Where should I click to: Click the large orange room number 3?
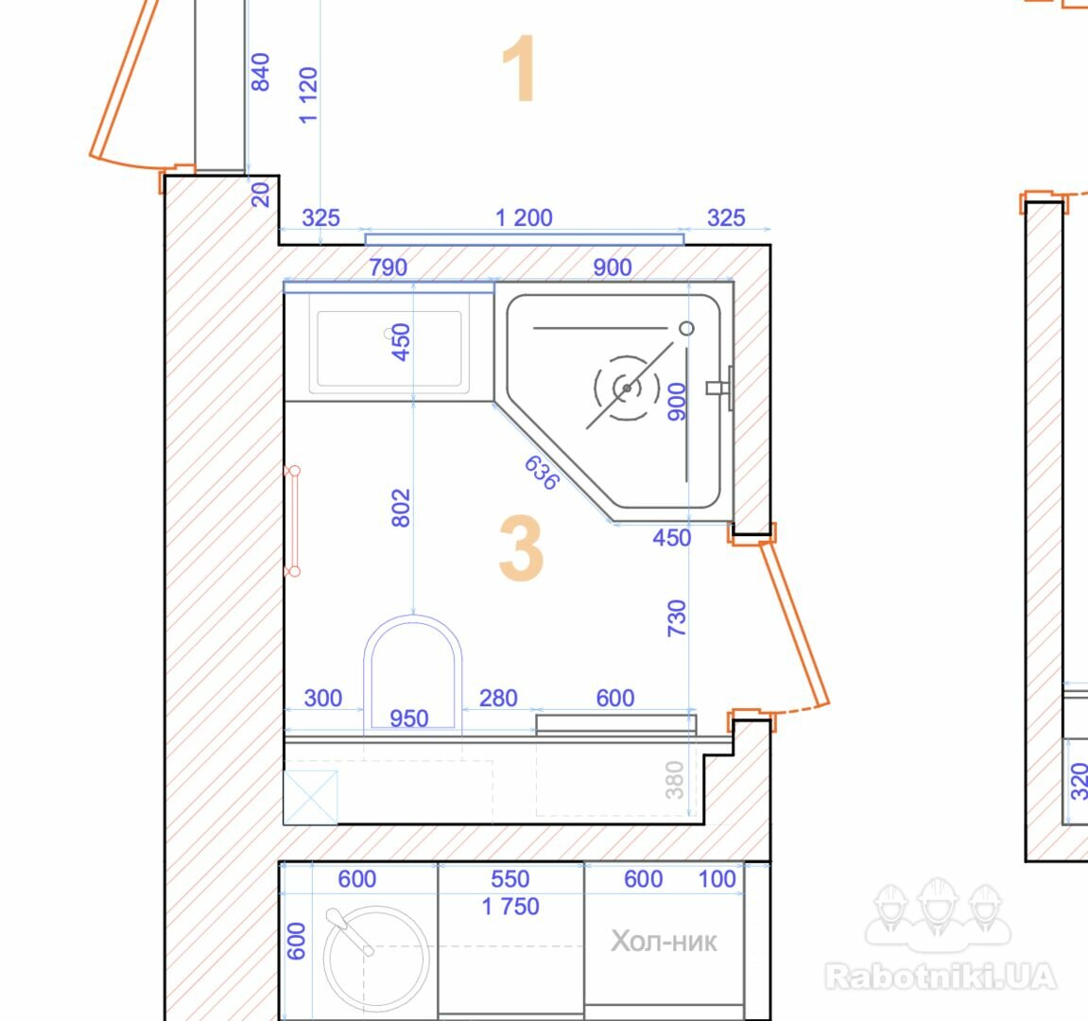tap(521, 548)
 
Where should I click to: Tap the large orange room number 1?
tap(519, 69)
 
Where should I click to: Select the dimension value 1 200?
tap(524, 218)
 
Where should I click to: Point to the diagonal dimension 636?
tap(542, 473)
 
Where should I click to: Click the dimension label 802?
tap(401, 508)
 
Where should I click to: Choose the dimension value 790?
tap(388, 268)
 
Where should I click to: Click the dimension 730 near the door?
tap(677, 617)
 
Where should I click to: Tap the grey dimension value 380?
tap(675, 780)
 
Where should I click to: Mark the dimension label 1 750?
tap(510, 907)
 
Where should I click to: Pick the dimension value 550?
tap(510, 879)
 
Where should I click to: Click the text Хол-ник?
tap(664, 942)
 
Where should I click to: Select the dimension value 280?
tap(498, 698)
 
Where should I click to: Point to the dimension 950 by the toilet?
tap(408, 718)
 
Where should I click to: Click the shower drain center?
tap(628, 388)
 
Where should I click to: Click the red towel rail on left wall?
tap(294, 521)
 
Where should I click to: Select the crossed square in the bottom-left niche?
tap(311, 797)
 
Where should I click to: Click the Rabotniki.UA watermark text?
tap(941, 976)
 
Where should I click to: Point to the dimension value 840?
tap(260, 72)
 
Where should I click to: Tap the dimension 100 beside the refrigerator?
tap(717, 879)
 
